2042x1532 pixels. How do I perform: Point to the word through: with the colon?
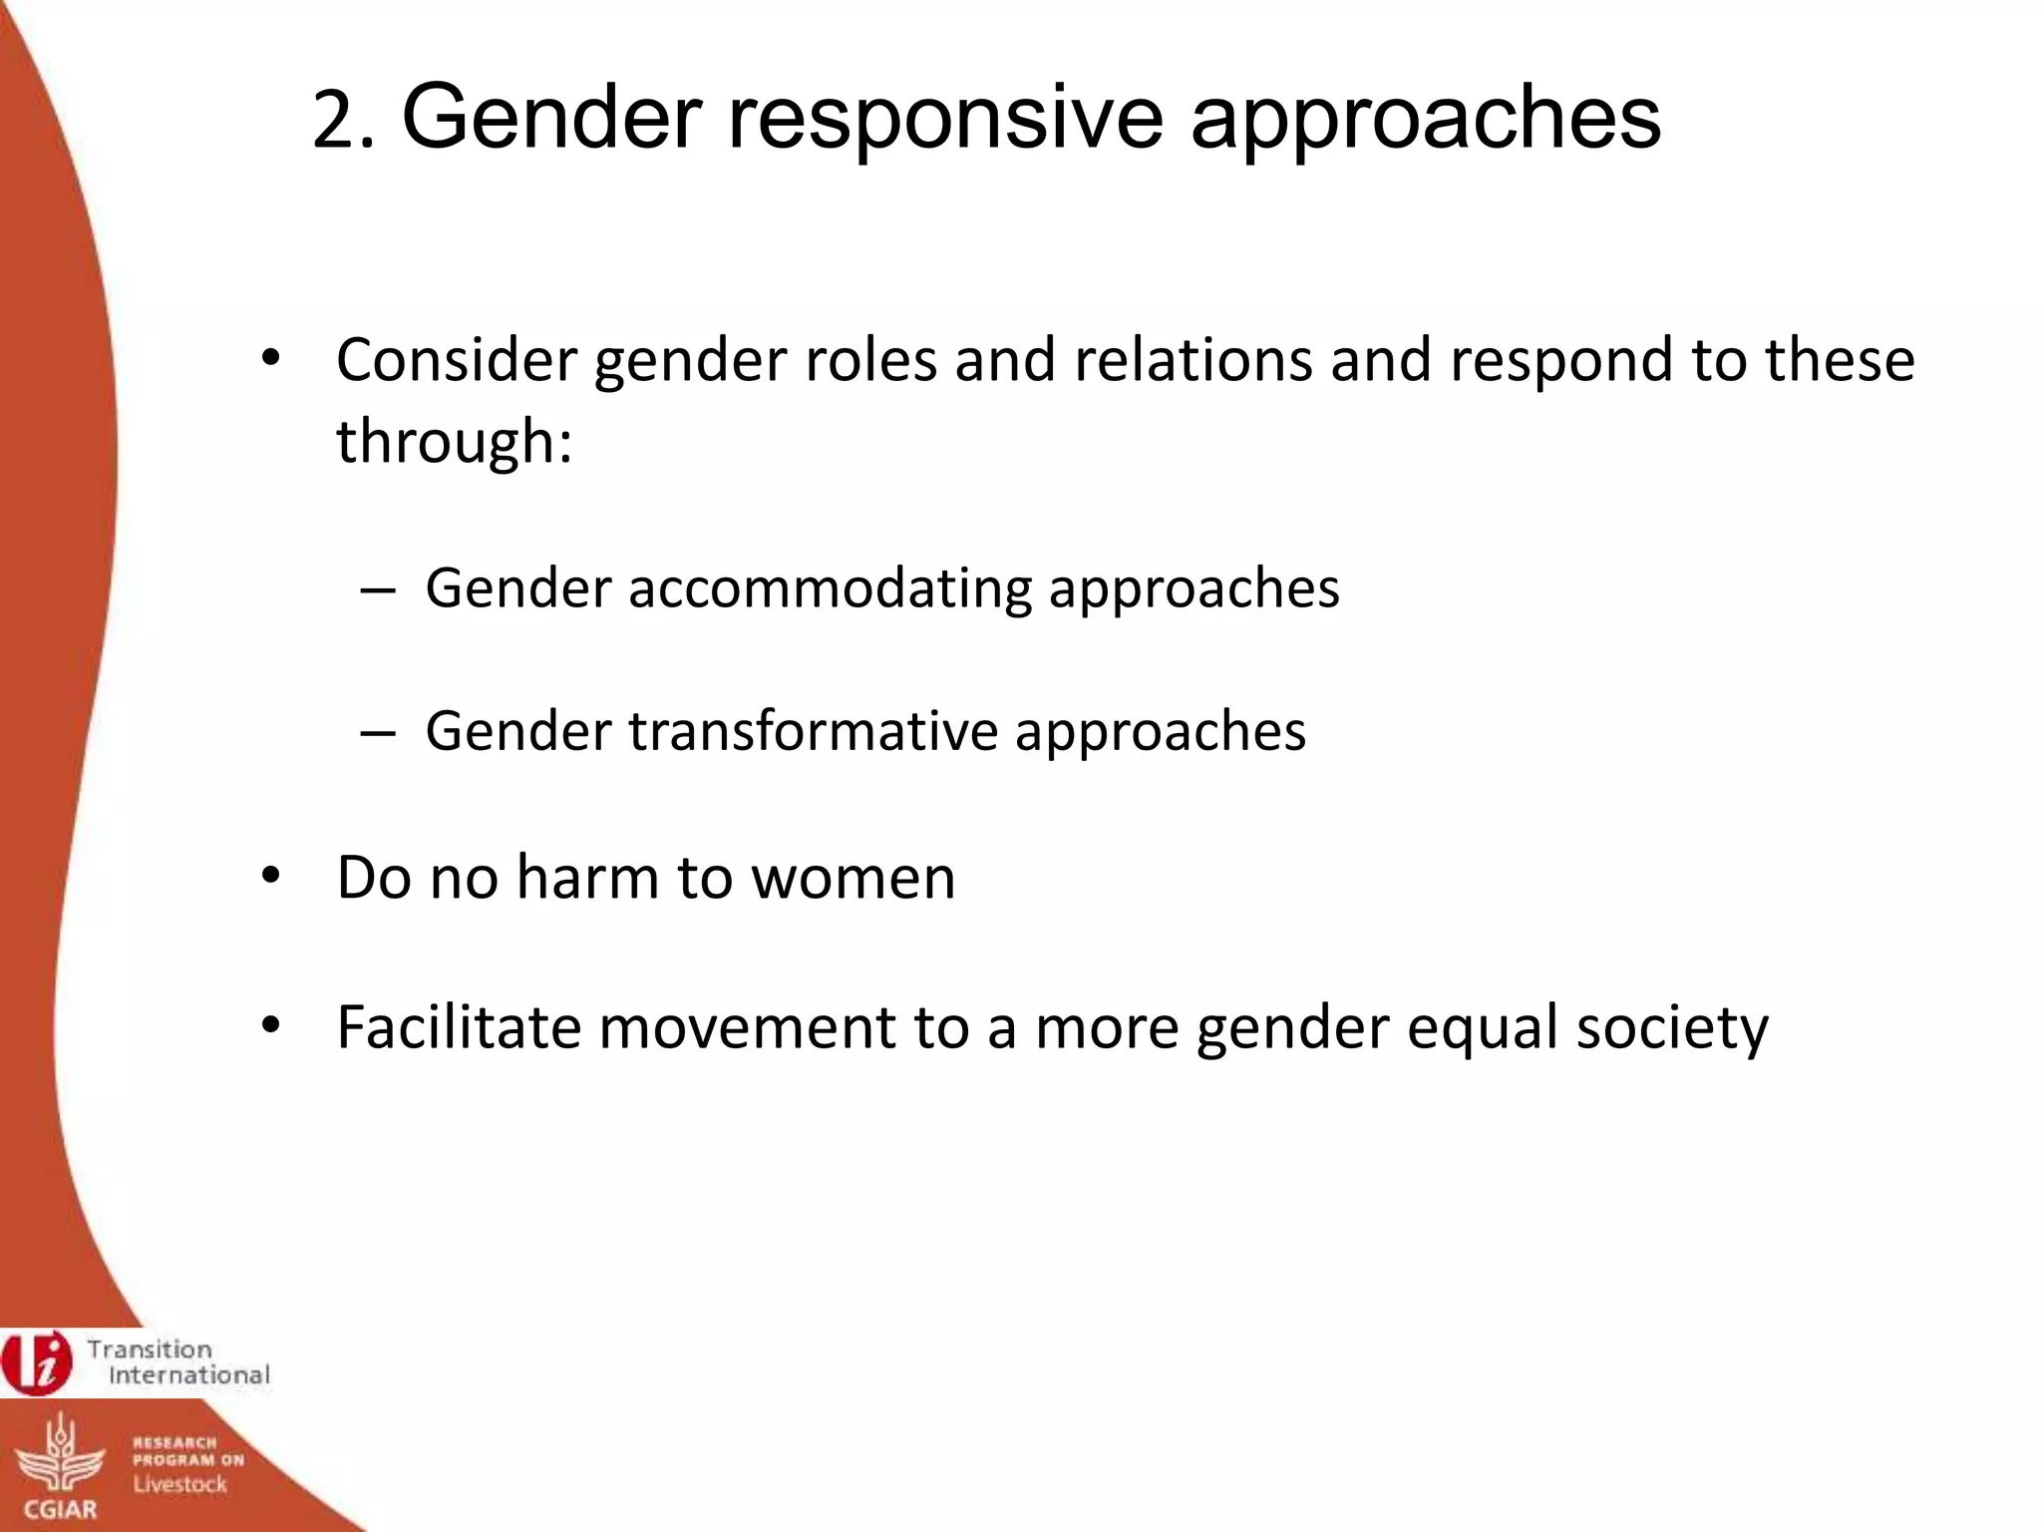pyautogui.click(x=455, y=442)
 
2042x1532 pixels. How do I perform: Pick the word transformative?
pyautogui.click(x=813, y=731)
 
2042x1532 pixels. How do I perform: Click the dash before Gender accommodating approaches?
pyautogui.click(x=378, y=589)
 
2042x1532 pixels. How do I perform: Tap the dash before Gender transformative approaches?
pyautogui.click(x=378, y=733)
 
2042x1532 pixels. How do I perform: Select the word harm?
pyautogui.click(x=587, y=878)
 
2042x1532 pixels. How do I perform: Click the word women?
pyautogui.click(x=853, y=880)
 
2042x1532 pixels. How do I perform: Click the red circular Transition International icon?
pyautogui.click(x=37, y=1361)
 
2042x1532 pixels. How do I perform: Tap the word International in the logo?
pyautogui.click(x=189, y=1375)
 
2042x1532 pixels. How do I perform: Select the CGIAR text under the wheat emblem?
pyautogui.click(x=61, y=1508)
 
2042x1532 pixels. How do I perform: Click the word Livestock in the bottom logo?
pyautogui.click(x=180, y=1484)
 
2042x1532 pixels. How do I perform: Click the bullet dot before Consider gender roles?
pyautogui.click(x=270, y=359)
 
